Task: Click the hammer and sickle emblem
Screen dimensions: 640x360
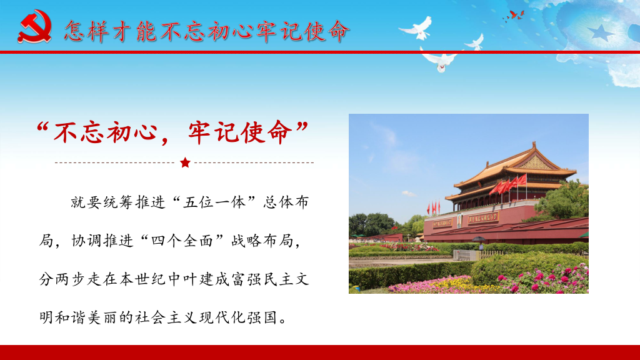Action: [x=35, y=26]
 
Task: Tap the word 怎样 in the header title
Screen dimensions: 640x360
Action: [x=87, y=31]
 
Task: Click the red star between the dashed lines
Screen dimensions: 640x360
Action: [x=185, y=162]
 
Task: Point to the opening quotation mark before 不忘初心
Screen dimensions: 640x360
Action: [x=42, y=128]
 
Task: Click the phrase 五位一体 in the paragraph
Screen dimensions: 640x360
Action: [x=215, y=202]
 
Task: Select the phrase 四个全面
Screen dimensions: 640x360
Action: [x=182, y=241]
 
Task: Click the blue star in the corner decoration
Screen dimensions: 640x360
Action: [x=601, y=32]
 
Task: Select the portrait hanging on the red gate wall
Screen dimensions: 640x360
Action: [x=459, y=221]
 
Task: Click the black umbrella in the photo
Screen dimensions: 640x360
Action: [x=479, y=239]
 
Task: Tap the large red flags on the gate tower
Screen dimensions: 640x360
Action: [x=509, y=185]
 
